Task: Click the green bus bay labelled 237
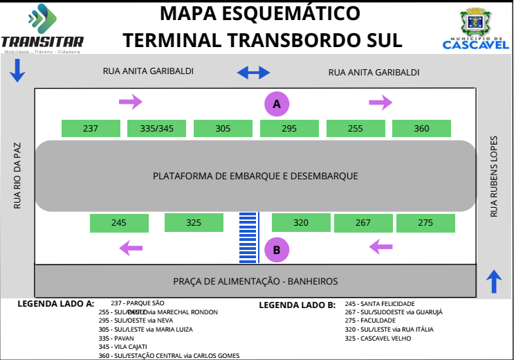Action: pos(91,128)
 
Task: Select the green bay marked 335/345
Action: pos(157,128)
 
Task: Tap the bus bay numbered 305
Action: pos(223,128)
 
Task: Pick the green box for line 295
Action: pos(289,128)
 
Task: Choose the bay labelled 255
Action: pos(356,128)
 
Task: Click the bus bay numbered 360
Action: pos(421,128)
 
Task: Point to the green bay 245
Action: pos(119,223)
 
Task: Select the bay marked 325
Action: pos(194,223)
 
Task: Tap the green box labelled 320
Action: pos(301,223)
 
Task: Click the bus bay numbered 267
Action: pos(363,223)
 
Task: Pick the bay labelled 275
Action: pos(425,223)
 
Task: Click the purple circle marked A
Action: pos(277,104)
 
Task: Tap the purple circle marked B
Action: pos(277,250)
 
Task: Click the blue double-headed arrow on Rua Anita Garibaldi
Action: pos(253,72)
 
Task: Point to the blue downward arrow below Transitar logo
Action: pos(18,70)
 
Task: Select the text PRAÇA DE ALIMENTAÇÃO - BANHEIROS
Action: pos(255,281)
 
